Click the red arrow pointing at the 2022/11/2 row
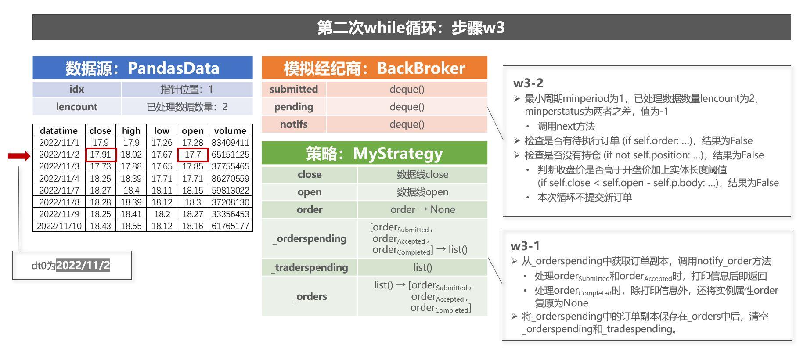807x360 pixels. point(19,156)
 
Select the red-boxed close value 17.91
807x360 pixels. point(101,155)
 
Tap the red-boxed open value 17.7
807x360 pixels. point(193,155)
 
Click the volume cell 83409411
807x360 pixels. point(230,143)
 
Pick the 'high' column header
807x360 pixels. point(131,131)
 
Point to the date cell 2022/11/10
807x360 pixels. point(59,226)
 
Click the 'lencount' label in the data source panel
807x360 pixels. point(76,107)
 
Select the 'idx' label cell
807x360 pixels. point(76,89)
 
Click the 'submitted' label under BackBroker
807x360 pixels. point(293,89)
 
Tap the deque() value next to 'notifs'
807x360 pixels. point(407,124)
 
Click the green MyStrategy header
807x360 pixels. point(374,153)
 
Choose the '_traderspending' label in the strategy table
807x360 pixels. point(310,267)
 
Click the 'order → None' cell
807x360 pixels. point(422,209)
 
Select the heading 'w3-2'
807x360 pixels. point(528,83)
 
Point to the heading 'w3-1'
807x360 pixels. point(525,246)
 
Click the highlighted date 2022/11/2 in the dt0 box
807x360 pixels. point(83,265)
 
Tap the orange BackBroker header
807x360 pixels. point(374,68)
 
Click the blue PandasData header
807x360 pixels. point(142,68)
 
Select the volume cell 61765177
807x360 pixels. point(230,226)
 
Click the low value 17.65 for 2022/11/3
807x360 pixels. point(162,166)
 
